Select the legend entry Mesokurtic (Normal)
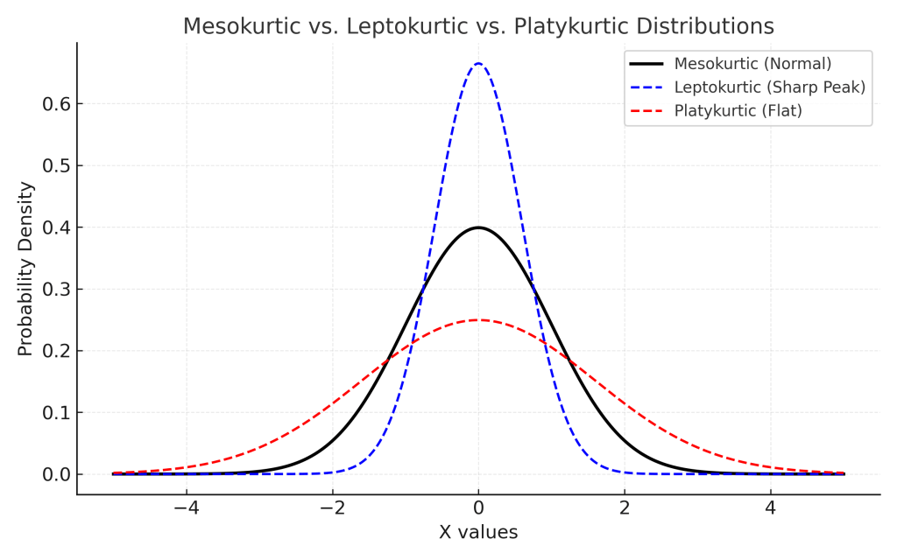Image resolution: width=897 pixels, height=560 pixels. click(x=752, y=64)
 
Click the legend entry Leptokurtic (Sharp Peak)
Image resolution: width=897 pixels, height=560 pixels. click(x=769, y=87)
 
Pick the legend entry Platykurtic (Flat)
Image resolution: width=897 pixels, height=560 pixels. click(x=738, y=111)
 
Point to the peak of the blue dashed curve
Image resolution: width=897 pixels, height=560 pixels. click(x=478, y=63)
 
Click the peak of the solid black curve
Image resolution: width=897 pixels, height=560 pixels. click(x=478, y=227)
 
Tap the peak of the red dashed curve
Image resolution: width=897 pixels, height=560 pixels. click(x=478, y=319)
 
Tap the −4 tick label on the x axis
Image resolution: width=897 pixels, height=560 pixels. click(x=186, y=508)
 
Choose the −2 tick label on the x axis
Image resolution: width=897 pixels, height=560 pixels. click(x=332, y=508)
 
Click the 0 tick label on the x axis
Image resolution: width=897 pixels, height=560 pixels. click(x=478, y=508)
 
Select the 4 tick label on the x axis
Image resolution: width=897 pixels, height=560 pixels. click(x=770, y=508)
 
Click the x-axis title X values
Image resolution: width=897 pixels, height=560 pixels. click(x=478, y=532)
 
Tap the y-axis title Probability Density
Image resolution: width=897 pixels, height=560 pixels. click(x=25, y=269)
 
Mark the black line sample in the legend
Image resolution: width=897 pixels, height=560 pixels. click(x=646, y=64)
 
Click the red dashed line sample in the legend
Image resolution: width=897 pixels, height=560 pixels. click(x=646, y=111)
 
